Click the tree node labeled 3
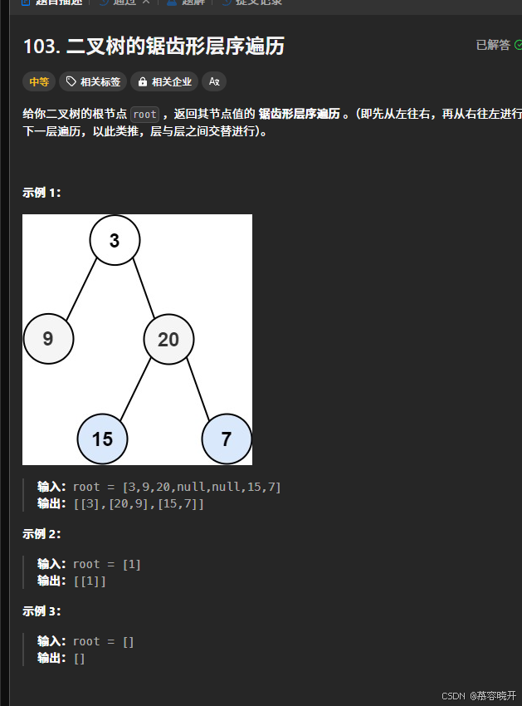point(115,241)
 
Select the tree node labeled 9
point(48,339)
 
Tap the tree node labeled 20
point(168,339)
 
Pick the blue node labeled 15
point(102,439)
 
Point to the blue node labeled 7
point(227,439)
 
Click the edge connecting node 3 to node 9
point(81,290)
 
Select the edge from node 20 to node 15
point(135,389)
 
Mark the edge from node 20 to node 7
point(198,389)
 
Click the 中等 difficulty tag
point(38,81)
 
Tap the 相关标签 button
point(93,81)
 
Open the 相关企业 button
point(164,81)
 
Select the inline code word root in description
point(144,115)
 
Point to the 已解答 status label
point(493,45)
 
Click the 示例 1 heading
point(41,193)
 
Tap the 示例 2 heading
point(41,534)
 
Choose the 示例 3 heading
point(41,611)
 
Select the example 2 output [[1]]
point(90,581)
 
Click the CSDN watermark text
point(452,695)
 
